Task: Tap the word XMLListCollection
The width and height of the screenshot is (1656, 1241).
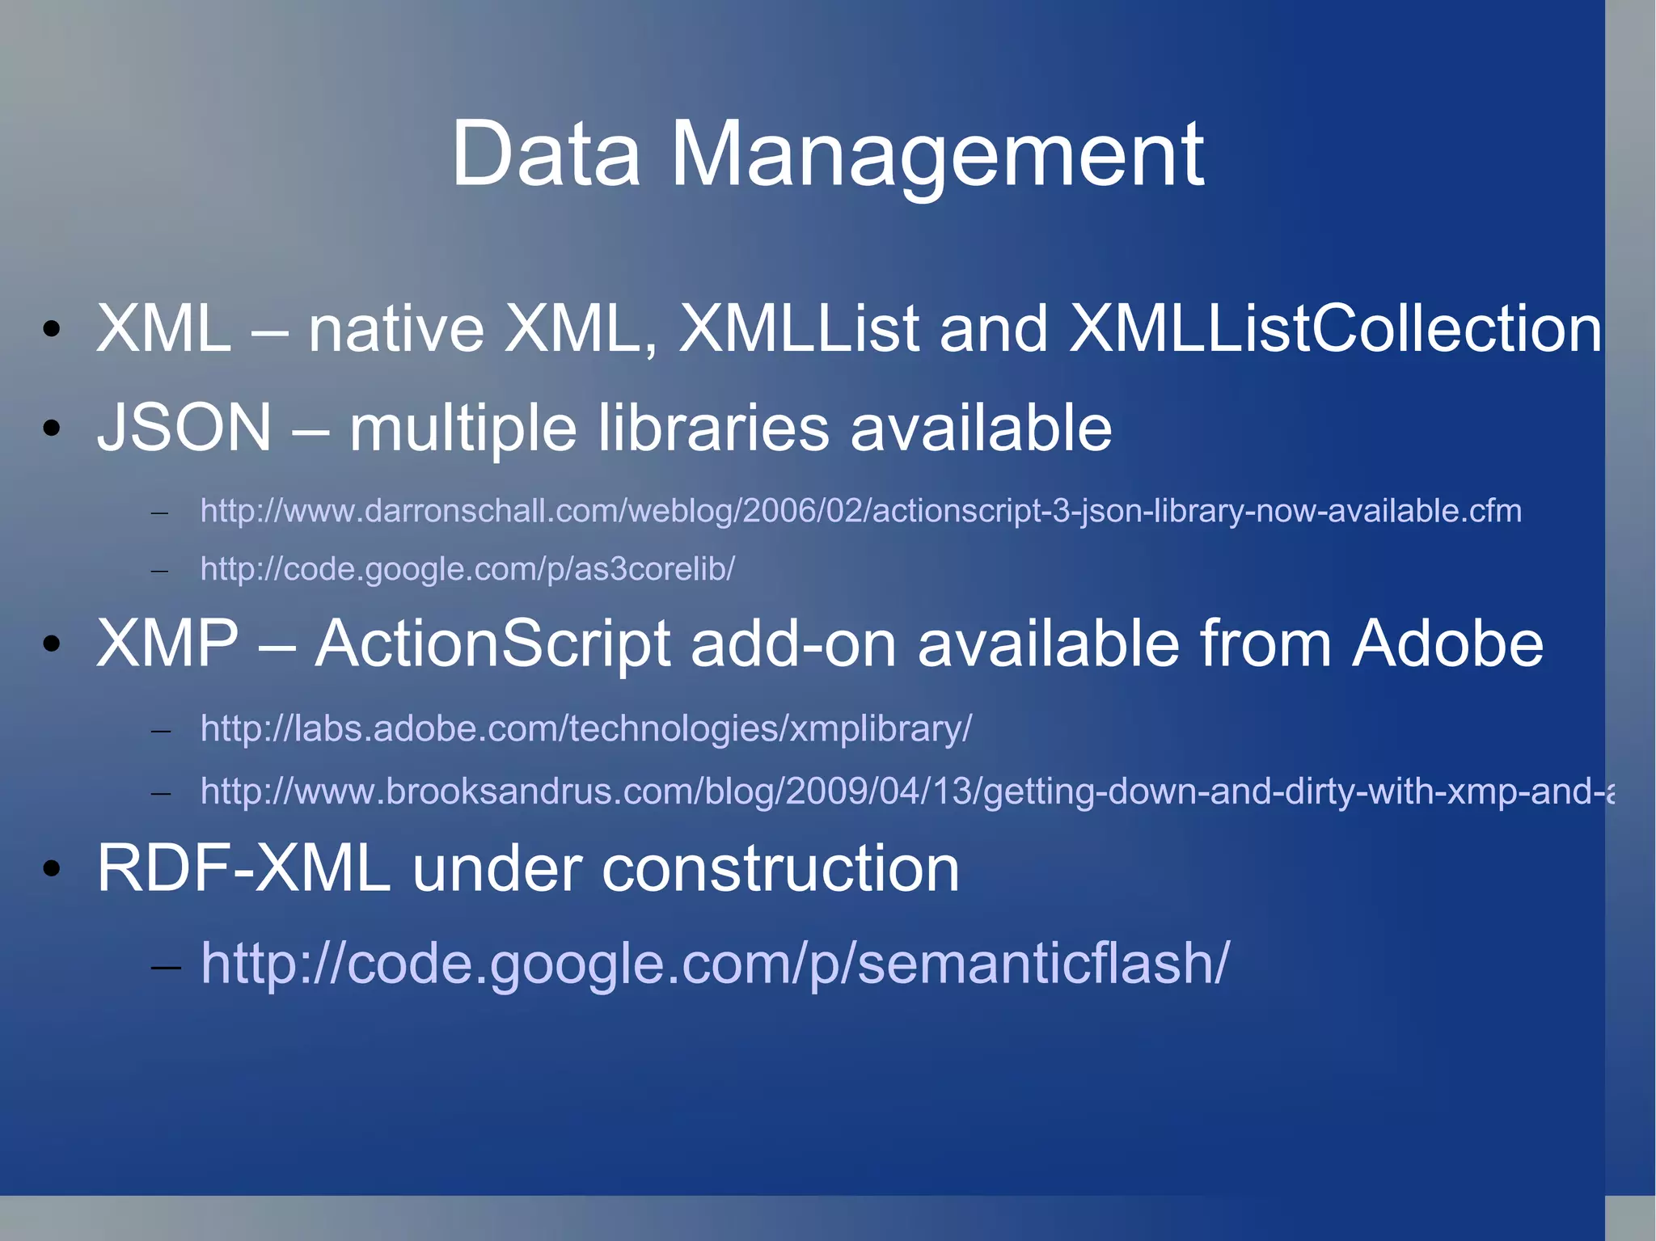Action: [x=1334, y=328]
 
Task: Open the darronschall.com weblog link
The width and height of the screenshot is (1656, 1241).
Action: [x=860, y=511]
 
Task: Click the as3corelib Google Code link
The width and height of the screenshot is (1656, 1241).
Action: [x=467, y=569]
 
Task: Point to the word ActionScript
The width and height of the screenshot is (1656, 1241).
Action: [x=492, y=644]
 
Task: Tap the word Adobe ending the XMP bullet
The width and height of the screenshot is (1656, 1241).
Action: [x=1447, y=644]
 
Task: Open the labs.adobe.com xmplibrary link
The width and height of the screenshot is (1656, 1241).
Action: [x=585, y=728]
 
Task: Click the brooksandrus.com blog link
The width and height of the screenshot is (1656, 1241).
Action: [x=906, y=791]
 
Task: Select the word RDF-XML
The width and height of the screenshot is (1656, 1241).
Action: [x=243, y=869]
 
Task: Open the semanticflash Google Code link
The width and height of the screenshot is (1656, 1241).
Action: [x=715, y=963]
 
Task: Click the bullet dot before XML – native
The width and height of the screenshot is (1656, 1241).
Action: [x=52, y=329]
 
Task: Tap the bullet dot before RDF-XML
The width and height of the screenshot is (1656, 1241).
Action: [x=52, y=869]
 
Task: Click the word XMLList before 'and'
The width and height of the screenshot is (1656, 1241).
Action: [x=799, y=328]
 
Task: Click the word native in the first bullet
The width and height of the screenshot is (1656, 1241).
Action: [x=396, y=328]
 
